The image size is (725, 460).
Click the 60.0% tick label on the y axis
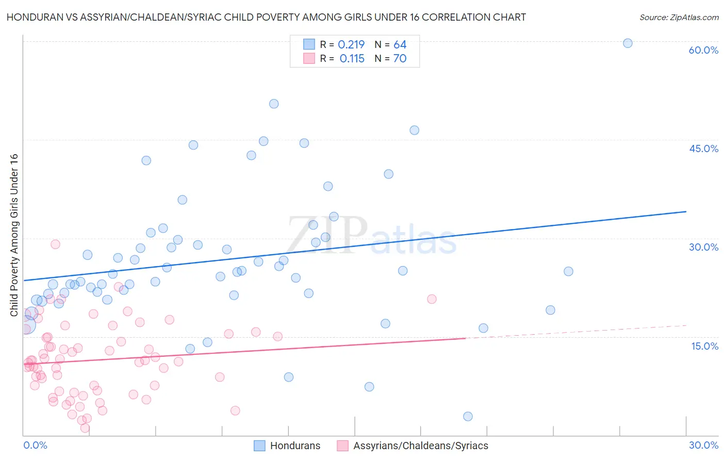[x=703, y=50]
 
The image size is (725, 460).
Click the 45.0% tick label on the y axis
[x=703, y=149]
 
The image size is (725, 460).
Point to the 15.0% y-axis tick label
[x=704, y=346]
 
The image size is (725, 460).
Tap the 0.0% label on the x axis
[x=35, y=445]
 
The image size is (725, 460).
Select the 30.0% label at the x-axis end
[x=703, y=445]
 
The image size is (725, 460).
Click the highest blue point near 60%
[x=628, y=43]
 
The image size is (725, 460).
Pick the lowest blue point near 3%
[x=468, y=416]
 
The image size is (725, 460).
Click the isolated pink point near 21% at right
[x=432, y=299]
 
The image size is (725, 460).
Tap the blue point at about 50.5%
[x=274, y=104]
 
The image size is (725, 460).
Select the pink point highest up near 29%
[x=55, y=244]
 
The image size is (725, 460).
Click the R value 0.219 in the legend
[x=351, y=45]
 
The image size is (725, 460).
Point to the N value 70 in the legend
[x=400, y=59]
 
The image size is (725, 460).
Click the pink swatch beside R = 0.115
[x=309, y=58]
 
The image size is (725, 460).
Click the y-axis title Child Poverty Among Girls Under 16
[x=14, y=235]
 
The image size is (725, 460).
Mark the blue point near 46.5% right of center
[x=414, y=130]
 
